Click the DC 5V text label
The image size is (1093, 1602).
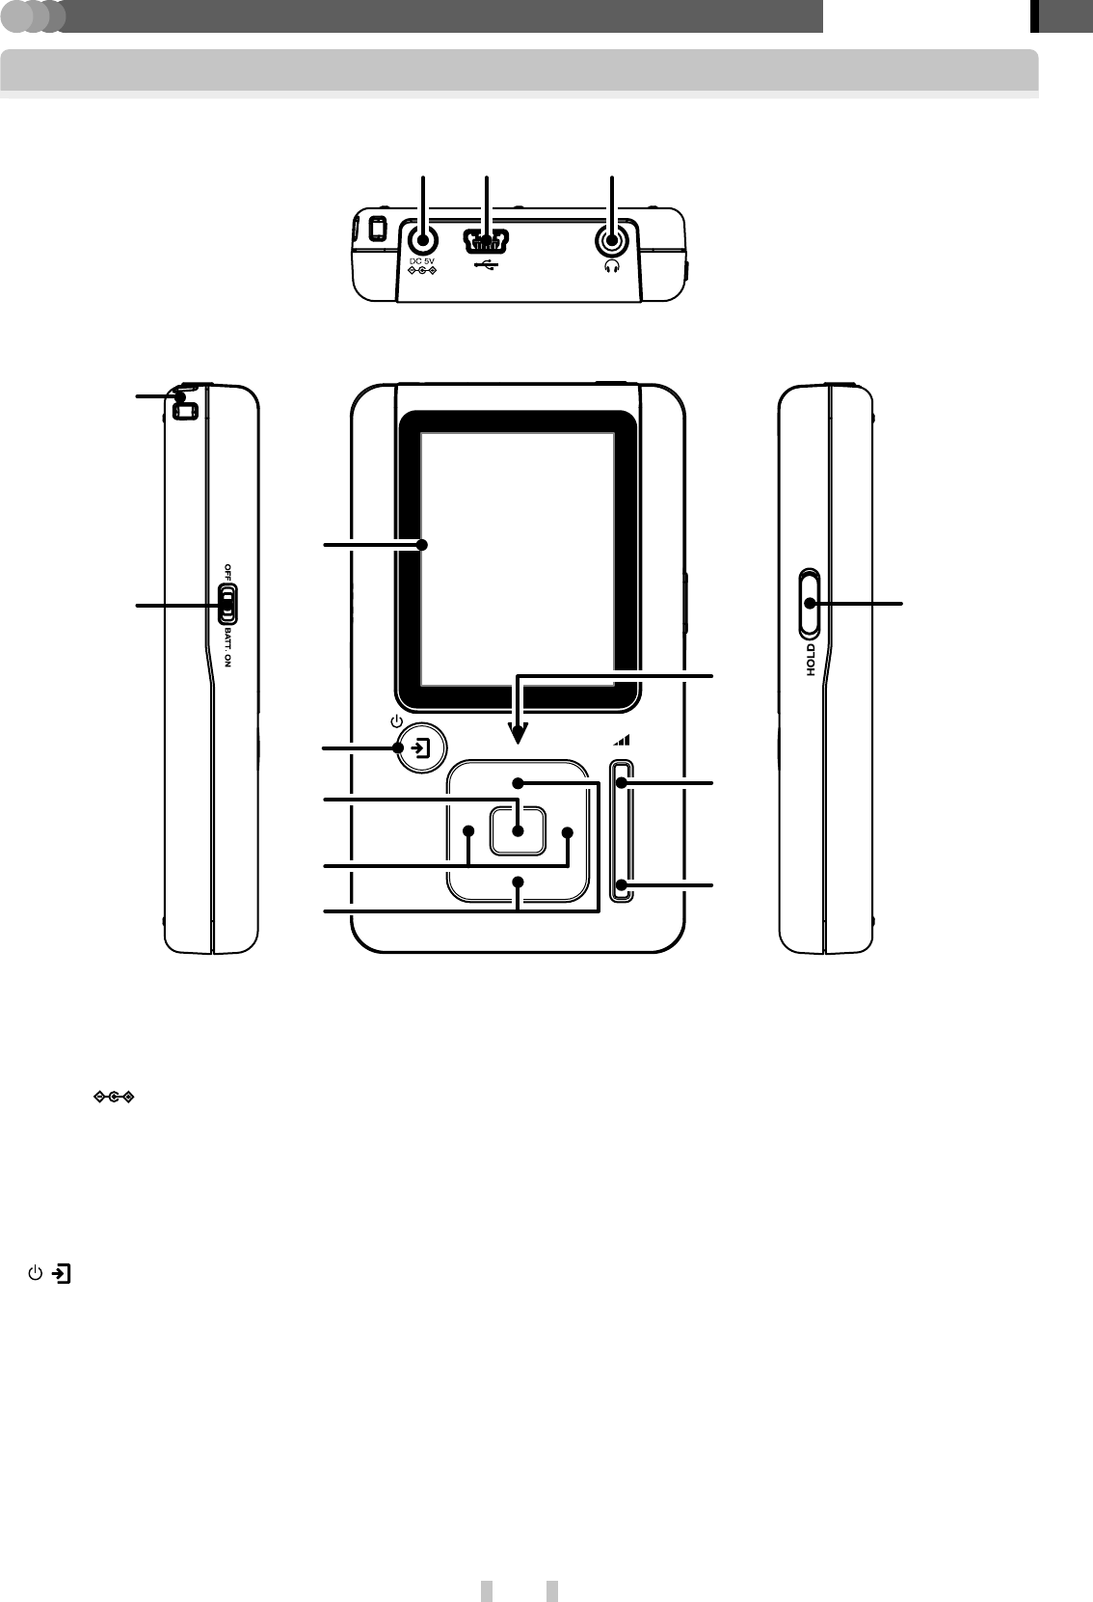423,260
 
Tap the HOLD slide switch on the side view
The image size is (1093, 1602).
810,604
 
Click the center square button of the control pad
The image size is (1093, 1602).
519,830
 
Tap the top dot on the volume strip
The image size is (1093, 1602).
623,783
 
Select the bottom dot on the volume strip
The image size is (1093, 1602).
623,883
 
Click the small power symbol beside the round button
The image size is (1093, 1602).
394,721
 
